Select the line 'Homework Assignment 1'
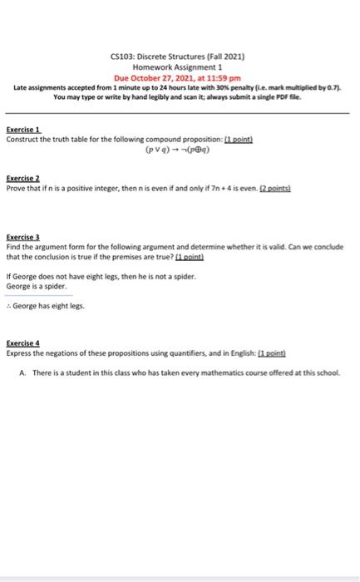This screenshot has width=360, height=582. pos(178,66)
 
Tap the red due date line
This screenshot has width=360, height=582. pos(178,76)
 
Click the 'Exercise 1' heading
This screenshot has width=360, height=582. pos(23,130)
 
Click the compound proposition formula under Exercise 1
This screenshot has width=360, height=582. pos(178,152)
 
